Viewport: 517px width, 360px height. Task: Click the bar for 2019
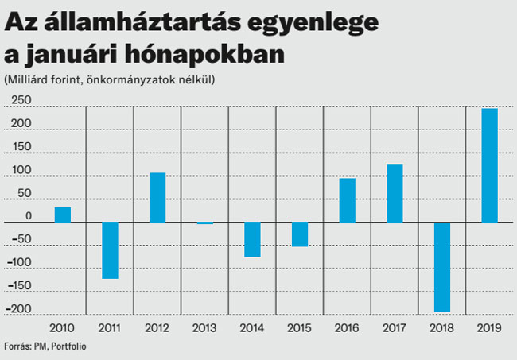pyautogui.click(x=489, y=165)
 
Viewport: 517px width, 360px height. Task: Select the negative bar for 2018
pyautogui.click(x=441, y=266)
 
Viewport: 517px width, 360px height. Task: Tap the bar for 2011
pyautogui.click(x=110, y=250)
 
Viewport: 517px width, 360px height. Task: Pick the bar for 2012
pyautogui.click(x=157, y=197)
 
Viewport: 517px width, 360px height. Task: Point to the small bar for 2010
pyautogui.click(x=62, y=215)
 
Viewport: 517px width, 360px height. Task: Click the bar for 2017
pyautogui.click(x=395, y=192)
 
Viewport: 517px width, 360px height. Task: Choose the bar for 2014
pyautogui.click(x=252, y=239)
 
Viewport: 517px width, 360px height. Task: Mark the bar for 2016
pyautogui.click(x=347, y=199)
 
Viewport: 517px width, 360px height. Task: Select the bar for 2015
pyautogui.click(x=300, y=234)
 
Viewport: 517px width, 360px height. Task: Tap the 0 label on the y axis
pyautogui.click(x=28, y=216)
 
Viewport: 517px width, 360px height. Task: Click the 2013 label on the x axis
pyautogui.click(x=204, y=327)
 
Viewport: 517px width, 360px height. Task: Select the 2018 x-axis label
pyautogui.click(x=441, y=327)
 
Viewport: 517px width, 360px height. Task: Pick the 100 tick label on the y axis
pyautogui.click(x=21, y=170)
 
